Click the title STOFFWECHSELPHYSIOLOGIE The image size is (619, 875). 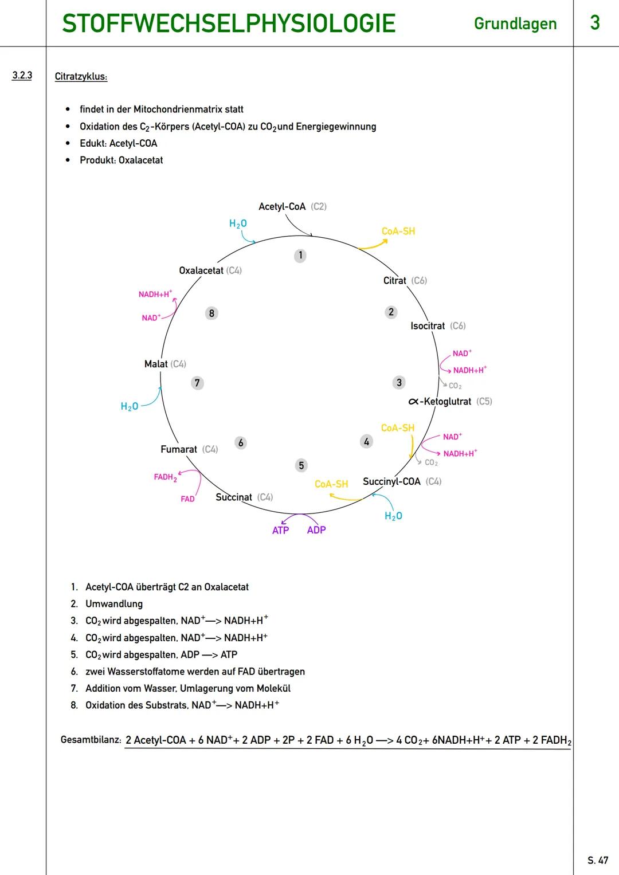(229, 24)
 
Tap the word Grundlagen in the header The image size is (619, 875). (515, 24)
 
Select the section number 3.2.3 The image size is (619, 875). (22, 76)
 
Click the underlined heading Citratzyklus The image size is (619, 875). (81, 77)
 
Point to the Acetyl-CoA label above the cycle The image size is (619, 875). (282, 206)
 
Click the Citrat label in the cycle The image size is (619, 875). (395, 281)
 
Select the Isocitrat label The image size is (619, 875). (428, 326)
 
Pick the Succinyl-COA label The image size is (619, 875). (391, 481)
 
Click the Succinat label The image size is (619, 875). (234, 497)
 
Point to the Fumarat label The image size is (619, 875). (179, 449)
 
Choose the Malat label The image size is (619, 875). (156, 364)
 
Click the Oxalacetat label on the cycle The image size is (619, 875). (201, 270)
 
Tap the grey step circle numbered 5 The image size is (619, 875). (301, 465)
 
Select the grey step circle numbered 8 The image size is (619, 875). (211, 313)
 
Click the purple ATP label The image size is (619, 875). (280, 531)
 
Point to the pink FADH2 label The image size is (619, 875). (165, 477)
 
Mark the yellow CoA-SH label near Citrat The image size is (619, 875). (398, 231)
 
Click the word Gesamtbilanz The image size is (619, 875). (91, 740)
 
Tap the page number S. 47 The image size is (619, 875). (598, 860)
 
